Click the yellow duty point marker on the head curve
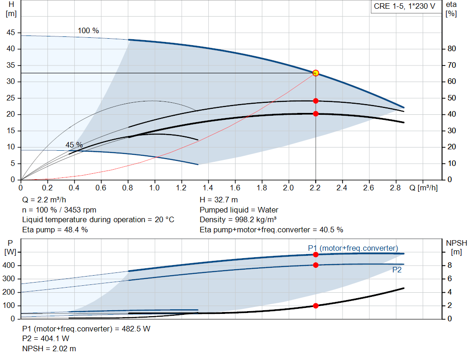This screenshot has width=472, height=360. tap(316, 73)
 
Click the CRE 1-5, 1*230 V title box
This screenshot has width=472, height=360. tap(404, 7)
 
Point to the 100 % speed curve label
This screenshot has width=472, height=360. tap(88, 30)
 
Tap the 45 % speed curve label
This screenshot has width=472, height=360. tap(74, 145)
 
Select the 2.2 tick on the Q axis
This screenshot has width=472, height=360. tap(316, 188)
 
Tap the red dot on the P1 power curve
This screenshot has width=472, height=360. tap(316, 254)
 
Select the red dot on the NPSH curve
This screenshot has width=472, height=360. tap(316, 306)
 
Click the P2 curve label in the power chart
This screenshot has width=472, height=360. tap(396, 270)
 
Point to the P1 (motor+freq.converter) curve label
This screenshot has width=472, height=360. tap(353, 248)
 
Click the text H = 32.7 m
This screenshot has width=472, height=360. tap(218, 200)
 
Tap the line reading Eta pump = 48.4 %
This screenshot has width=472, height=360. tap(55, 230)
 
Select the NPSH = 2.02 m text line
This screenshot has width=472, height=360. tap(49, 349)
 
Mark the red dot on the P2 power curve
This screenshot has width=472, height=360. tap(316, 265)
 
